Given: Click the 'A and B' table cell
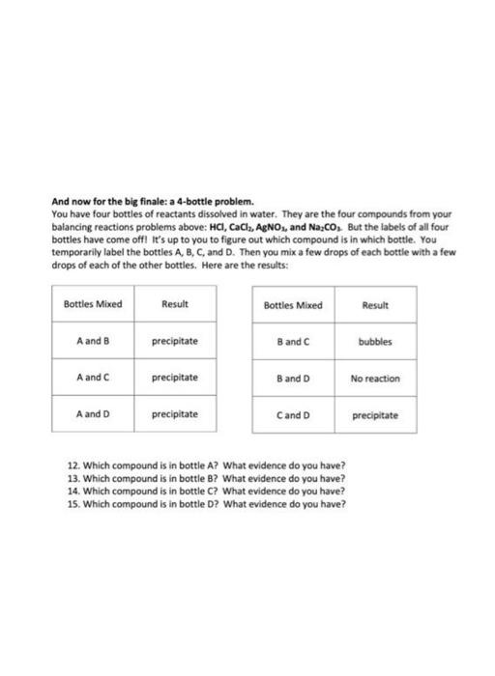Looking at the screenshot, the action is pyautogui.click(x=93, y=341).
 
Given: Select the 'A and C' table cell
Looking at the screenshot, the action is pyautogui.click(x=93, y=378).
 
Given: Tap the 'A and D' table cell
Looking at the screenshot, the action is pyautogui.click(x=93, y=414).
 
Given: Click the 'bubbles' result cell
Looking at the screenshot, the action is pyautogui.click(x=374, y=341).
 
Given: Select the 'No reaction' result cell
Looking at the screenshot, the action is pyautogui.click(x=374, y=378).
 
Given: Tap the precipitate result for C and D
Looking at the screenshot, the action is pyautogui.click(x=374, y=415).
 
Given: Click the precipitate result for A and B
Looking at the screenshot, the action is pyautogui.click(x=174, y=341).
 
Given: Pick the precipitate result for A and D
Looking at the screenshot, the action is pyautogui.click(x=174, y=414).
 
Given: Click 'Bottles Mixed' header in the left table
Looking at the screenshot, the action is pyautogui.click(x=93, y=304).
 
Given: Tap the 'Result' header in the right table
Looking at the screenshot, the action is pyautogui.click(x=374, y=304).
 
